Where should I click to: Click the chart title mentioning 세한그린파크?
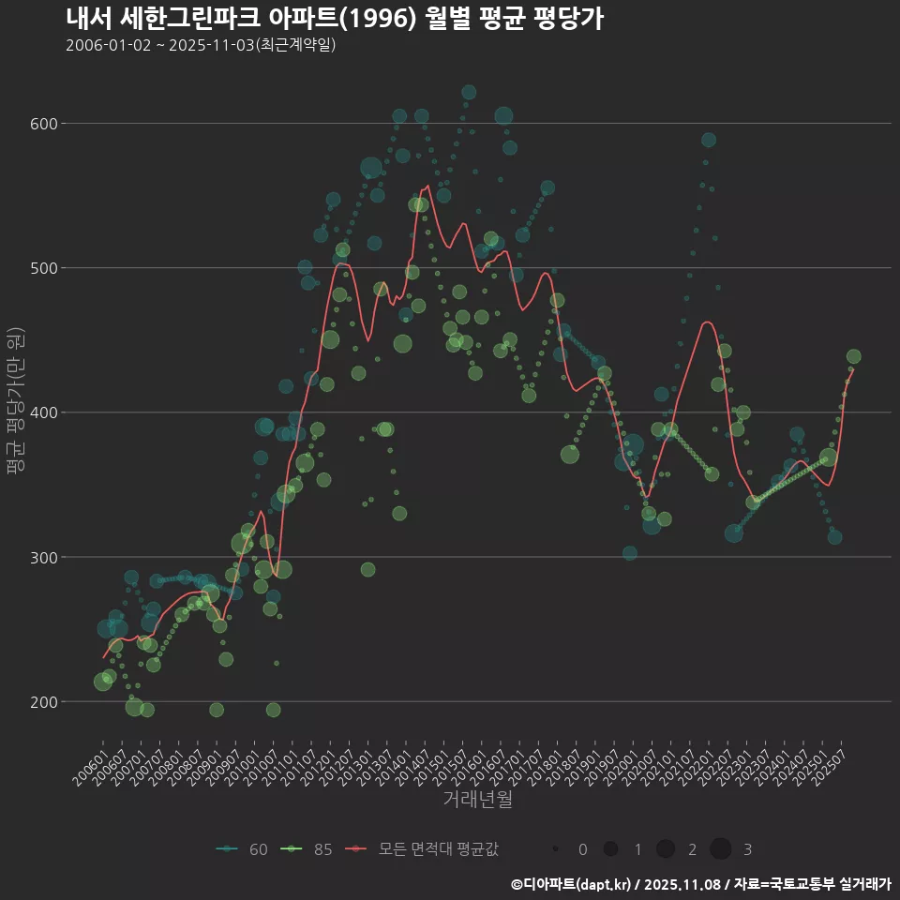click(x=335, y=19)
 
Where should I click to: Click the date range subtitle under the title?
click(x=201, y=45)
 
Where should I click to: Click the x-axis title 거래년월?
click(x=478, y=800)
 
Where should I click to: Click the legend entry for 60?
click(x=243, y=849)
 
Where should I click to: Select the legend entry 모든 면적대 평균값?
click(x=422, y=849)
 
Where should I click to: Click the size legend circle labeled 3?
click(x=720, y=849)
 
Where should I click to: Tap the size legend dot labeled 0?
click(x=556, y=849)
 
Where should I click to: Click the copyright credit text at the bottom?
click(x=700, y=884)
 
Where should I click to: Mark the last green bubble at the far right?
click(x=853, y=356)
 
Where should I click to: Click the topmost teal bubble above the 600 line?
click(x=469, y=92)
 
